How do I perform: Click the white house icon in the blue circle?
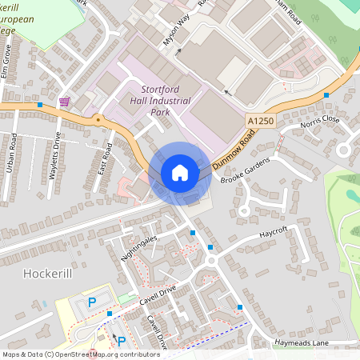coord(180,172)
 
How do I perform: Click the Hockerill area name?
coord(49,273)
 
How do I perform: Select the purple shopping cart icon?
coord(64,102)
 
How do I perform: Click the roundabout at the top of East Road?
coord(98,120)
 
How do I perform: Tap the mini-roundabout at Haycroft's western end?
coord(211,260)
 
